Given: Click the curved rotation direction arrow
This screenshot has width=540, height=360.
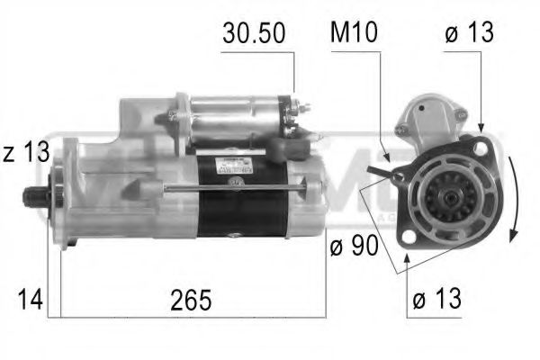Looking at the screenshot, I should (x=510, y=198).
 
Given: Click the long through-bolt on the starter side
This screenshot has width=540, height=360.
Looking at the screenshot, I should (x=234, y=187).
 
